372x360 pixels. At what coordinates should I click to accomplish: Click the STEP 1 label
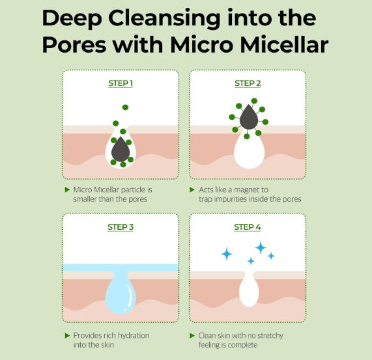(120, 83)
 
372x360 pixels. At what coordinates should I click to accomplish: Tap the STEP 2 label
(247, 83)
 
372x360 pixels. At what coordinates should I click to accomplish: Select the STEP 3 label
(120, 227)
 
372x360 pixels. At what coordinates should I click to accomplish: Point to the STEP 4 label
(247, 227)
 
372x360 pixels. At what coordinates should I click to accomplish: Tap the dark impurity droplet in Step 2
(248, 118)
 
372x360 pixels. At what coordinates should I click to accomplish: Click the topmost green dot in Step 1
(125, 107)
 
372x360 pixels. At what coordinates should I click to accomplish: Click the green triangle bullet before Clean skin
(193, 335)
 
